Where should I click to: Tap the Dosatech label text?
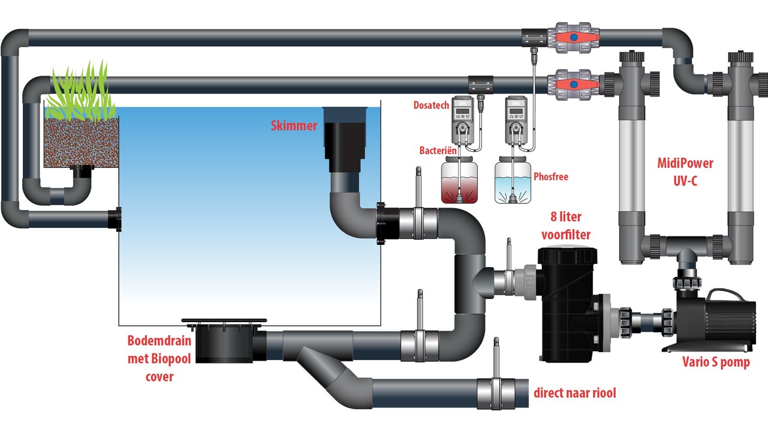(x=431, y=105)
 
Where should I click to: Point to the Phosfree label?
(x=550, y=177)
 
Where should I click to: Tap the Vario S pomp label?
(x=716, y=362)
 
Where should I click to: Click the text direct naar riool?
(x=575, y=393)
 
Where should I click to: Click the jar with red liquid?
(x=459, y=182)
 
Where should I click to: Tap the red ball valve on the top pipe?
(x=575, y=38)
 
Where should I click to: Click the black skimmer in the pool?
(x=343, y=135)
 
